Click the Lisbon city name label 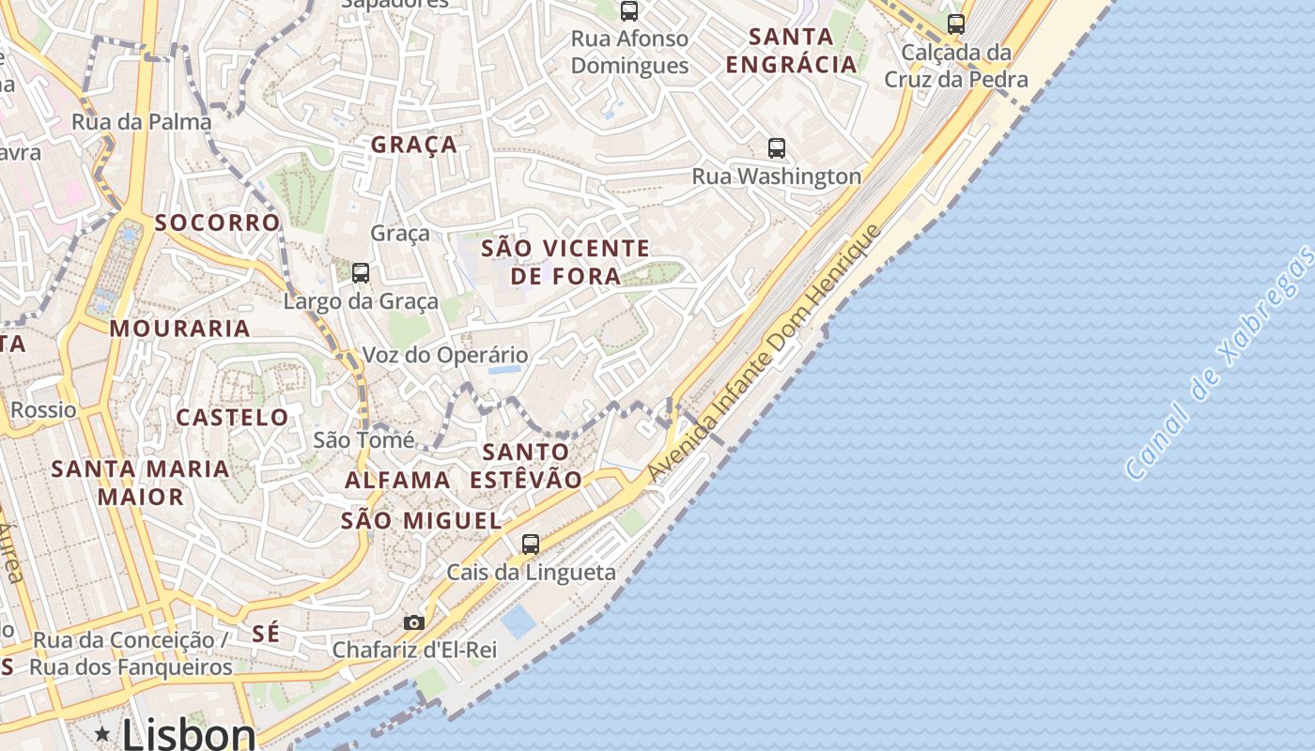click(x=189, y=734)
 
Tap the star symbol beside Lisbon click(x=102, y=733)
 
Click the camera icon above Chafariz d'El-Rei click(x=413, y=622)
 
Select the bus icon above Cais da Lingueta click(x=531, y=544)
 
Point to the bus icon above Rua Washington click(x=776, y=147)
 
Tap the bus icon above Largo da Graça click(x=361, y=273)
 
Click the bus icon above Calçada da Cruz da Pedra click(x=956, y=24)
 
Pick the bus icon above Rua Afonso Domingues click(x=629, y=11)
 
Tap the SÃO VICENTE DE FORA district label click(x=565, y=262)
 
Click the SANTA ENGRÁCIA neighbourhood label click(x=792, y=51)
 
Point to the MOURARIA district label click(x=180, y=329)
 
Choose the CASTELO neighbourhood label click(x=233, y=417)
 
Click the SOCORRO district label click(x=218, y=222)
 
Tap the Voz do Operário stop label click(x=445, y=355)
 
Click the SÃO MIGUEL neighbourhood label click(x=421, y=520)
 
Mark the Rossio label click(x=43, y=409)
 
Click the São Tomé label click(x=364, y=439)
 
